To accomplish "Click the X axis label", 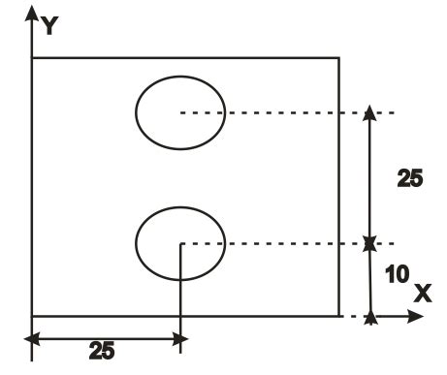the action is coord(423,293).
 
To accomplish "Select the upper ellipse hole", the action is coord(179,112).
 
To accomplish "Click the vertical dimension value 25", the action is coord(410,178).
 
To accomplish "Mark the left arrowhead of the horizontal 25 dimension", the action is coord(31,338).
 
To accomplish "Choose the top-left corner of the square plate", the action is coord(33,58).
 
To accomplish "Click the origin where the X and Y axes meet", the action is coord(33,315).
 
